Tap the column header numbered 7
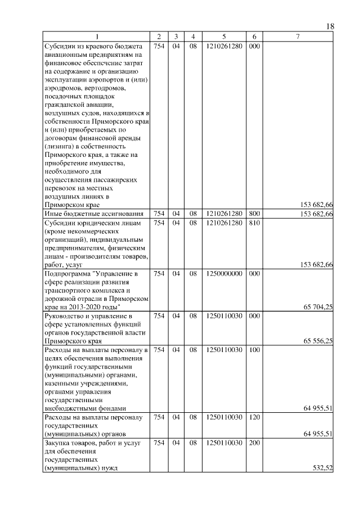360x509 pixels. coord(298,37)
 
